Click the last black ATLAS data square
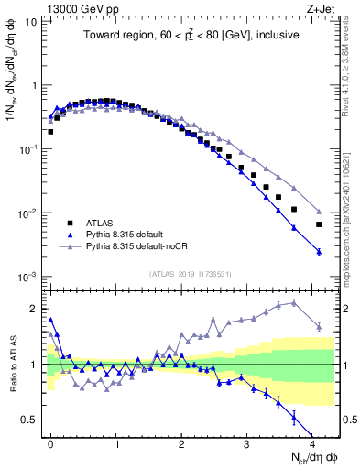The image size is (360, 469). (x=319, y=224)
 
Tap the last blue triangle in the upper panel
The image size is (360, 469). (x=319, y=252)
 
